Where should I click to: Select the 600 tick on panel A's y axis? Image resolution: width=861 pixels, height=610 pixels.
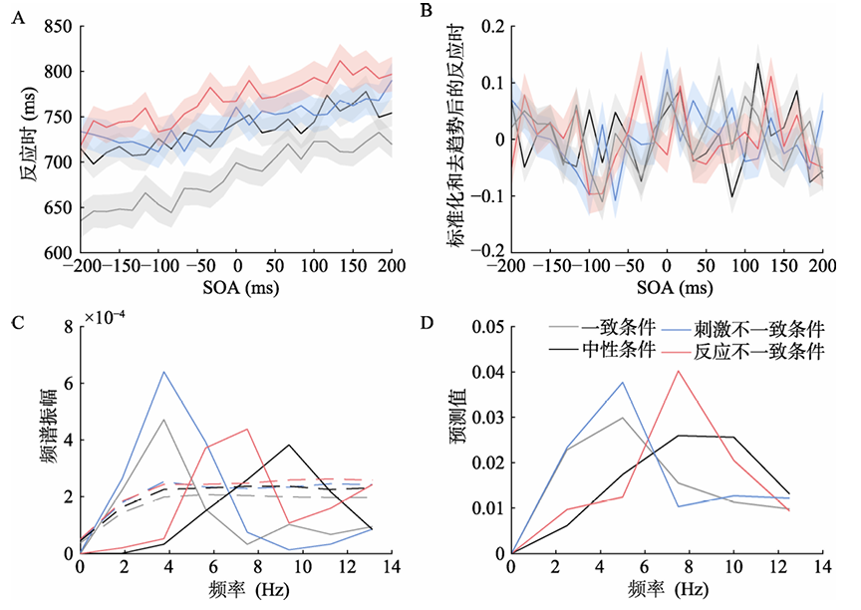coord(57,253)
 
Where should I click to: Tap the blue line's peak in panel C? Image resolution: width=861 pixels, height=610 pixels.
coord(163,372)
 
